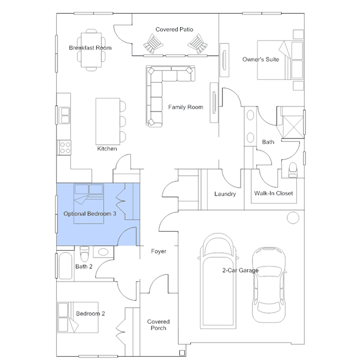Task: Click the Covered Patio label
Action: (174, 29)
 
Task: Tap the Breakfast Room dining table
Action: (91, 50)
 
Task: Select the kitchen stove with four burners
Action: (65, 148)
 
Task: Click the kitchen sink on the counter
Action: (64, 115)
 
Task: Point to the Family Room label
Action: (185, 107)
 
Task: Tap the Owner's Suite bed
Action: (281, 60)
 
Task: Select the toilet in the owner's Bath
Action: (292, 170)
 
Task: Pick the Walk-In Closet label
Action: (273, 193)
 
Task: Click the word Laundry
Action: (225, 194)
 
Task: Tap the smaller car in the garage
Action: (269, 285)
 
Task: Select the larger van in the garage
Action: (218, 281)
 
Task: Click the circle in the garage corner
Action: (293, 217)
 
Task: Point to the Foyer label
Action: (159, 251)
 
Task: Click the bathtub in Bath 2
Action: (65, 266)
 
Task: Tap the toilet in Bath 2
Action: (85, 254)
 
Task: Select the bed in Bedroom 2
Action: (78, 317)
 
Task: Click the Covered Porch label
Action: (158, 325)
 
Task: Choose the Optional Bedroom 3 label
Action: (90, 214)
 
